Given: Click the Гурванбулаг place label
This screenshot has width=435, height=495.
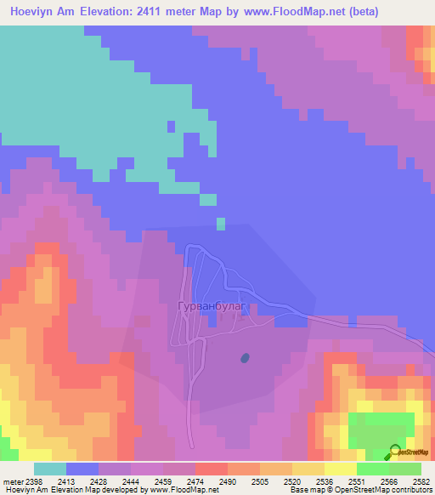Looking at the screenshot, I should [x=211, y=305].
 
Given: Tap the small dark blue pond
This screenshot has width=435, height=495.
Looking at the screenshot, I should [x=246, y=358].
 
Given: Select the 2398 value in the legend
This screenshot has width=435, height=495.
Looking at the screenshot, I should [x=34, y=481].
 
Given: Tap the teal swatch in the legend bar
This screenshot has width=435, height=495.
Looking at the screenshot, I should [x=50, y=469].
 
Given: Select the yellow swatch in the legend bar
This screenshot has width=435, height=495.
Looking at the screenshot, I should [x=340, y=469].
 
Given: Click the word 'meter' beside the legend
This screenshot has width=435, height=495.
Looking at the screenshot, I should [x=12, y=481].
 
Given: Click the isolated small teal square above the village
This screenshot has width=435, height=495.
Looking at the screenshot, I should [x=221, y=224].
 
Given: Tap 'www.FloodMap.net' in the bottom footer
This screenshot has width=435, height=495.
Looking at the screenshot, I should [x=183, y=491].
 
